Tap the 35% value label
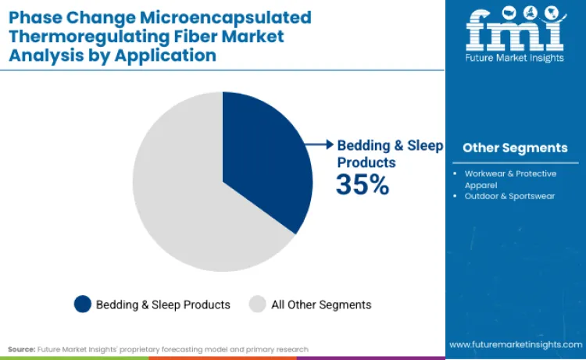[x=362, y=184]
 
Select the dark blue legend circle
[x=82, y=304]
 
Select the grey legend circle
[x=257, y=304]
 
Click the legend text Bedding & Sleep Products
[x=163, y=305]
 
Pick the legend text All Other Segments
[x=320, y=305]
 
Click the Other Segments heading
[x=515, y=148]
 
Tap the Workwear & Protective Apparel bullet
[x=511, y=178]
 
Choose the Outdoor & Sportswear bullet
[x=509, y=196]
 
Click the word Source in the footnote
[x=21, y=349]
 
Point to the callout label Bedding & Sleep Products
[x=389, y=154]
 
